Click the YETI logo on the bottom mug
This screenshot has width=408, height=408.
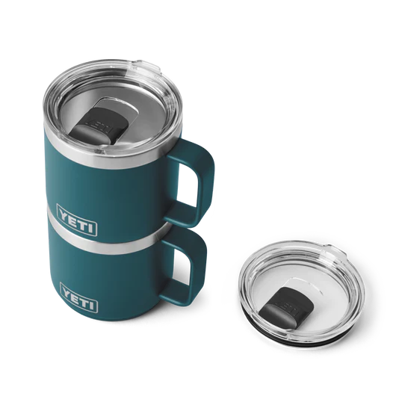(x=79, y=297)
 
